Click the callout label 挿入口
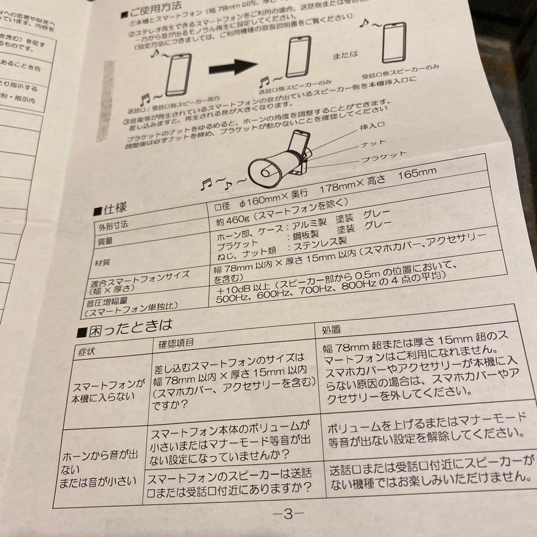point(372,128)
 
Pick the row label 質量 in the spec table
point(106,240)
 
